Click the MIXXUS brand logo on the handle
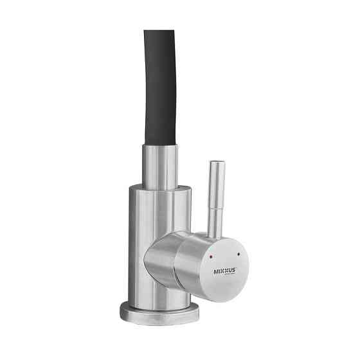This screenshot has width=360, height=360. coord(225,271)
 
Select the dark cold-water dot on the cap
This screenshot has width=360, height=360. coord(239,255)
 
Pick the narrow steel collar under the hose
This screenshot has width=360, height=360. coord(159,166)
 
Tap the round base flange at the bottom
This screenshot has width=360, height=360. coord(159,312)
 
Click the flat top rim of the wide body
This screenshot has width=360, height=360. coord(159,188)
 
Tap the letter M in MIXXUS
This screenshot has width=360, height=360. coord(216,271)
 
